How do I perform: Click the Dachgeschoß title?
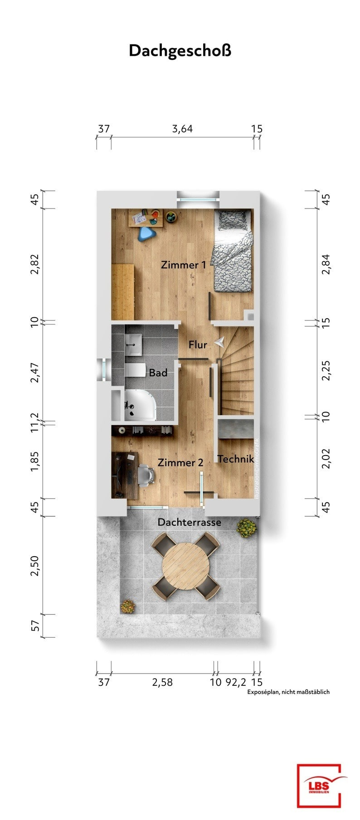click(180, 50)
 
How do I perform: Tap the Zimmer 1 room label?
click(184, 265)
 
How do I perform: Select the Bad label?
click(158, 373)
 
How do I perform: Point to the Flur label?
click(198, 344)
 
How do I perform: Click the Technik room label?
click(235, 459)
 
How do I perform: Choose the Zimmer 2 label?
click(180, 463)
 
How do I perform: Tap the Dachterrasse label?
click(190, 522)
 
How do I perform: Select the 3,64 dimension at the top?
click(182, 129)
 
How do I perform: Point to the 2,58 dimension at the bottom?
click(162, 682)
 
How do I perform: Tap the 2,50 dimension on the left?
click(35, 566)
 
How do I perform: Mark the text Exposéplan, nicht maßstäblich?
click(288, 692)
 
